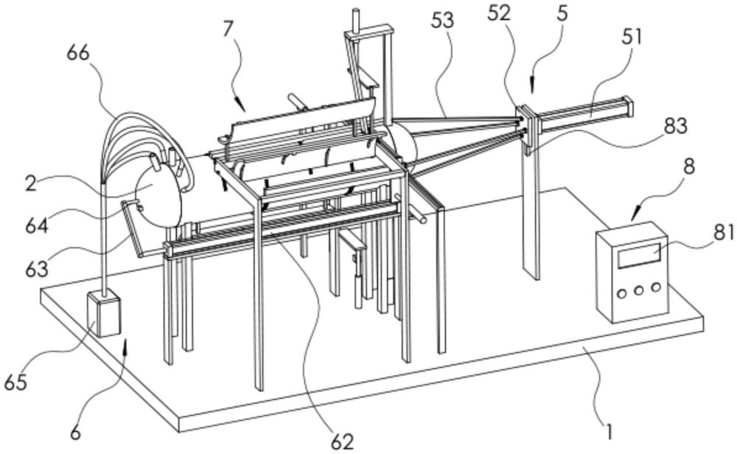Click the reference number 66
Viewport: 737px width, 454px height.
click(78, 54)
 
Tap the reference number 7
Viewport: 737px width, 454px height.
click(228, 29)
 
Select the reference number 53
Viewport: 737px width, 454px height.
click(443, 21)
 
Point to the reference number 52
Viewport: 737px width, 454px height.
click(499, 13)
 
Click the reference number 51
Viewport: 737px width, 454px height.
click(632, 37)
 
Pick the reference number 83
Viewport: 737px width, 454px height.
click(676, 126)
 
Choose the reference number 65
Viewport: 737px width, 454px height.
click(15, 383)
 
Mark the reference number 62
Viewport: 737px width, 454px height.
click(342, 441)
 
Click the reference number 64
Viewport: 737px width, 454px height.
click(37, 226)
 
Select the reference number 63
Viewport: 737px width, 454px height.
click(37, 269)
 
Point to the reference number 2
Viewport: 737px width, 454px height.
click(31, 184)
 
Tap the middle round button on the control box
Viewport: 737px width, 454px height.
click(638, 290)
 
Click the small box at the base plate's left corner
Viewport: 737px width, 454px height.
click(104, 313)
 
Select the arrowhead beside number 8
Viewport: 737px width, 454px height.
click(635, 216)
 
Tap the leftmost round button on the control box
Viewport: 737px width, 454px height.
click(621, 294)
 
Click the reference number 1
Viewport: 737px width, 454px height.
click(609, 430)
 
